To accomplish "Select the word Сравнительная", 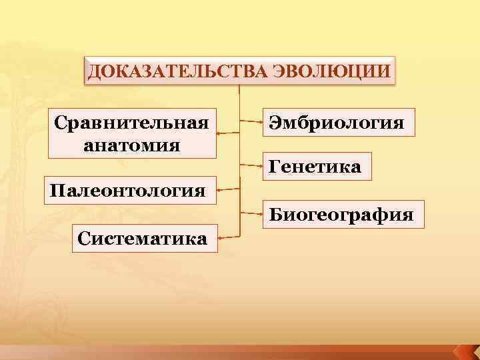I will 131,123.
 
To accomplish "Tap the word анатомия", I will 131,144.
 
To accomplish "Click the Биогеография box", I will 341,215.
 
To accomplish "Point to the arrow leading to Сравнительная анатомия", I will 228,133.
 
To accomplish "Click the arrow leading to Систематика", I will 228,237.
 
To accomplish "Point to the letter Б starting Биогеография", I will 275,215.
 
